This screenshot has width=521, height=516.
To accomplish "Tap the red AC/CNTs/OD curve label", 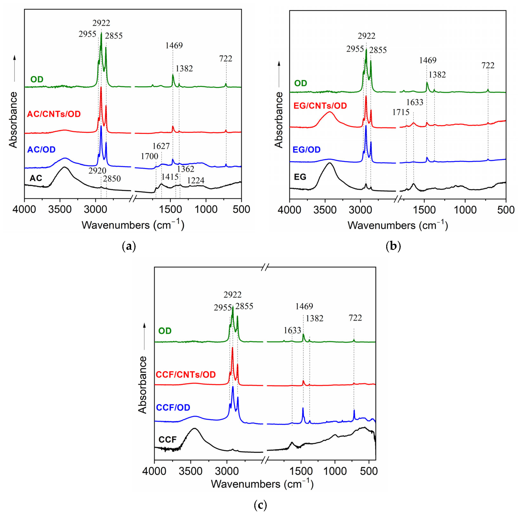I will click(54, 114).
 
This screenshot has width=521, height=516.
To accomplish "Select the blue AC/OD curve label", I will click(41, 149).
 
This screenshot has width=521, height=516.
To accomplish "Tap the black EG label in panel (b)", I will click(300, 177).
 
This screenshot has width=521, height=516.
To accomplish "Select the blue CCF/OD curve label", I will click(173, 407).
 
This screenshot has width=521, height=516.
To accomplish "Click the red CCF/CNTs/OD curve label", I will click(186, 374).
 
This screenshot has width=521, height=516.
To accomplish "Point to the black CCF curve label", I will click(168, 440).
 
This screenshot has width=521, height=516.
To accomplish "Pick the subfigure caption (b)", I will click(393, 246).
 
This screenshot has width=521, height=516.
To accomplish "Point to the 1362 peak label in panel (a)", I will click(185, 169).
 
